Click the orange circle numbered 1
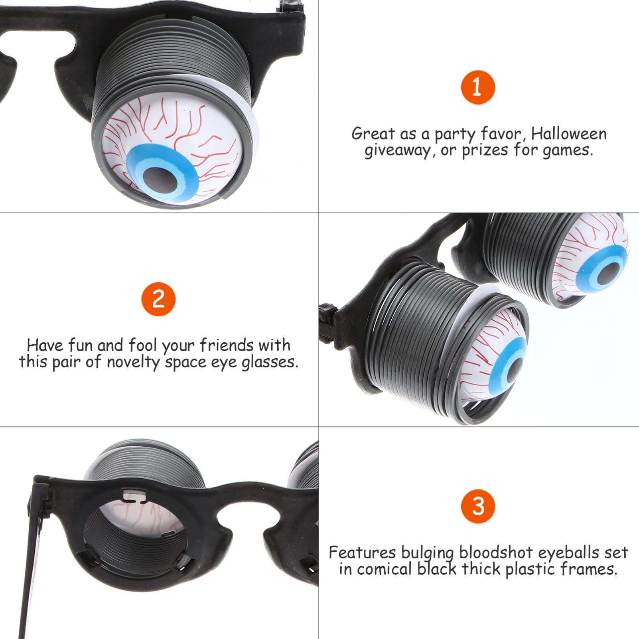pos(478,87)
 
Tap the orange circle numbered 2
pos(158,299)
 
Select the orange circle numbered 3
pos(478,506)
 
